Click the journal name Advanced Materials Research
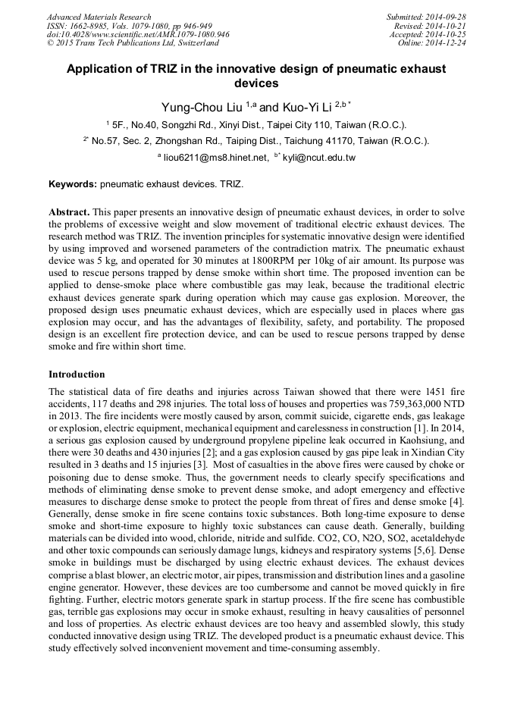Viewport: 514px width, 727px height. click(x=99, y=17)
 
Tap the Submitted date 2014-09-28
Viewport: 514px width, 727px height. click(x=447, y=17)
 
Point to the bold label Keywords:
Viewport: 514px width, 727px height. click(x=73, y=184)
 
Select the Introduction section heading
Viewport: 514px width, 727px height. click(x=77, y=374)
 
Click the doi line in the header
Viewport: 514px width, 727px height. click(x=138, y=35)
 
